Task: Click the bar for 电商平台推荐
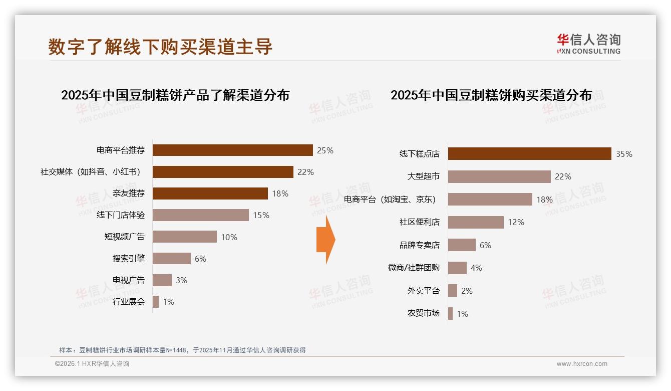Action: [x=232, y=150]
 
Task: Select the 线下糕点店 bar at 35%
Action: [x=529, y=154]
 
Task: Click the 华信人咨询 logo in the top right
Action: [x=588, y=44]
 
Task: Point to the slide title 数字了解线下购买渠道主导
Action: [x=160, y=47]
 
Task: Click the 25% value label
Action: [x=325, y=150]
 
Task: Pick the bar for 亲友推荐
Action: [x=210, y=193]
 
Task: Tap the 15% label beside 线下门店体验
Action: [x=261, y=215]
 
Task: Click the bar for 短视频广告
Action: [x=184, y=237]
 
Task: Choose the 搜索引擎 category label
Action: [x=128, y=259]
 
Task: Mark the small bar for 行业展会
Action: [x=156, y=302]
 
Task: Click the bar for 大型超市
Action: [x=499, y=176]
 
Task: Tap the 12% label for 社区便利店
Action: [x=516, y=222]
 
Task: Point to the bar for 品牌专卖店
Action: [x=461, y=245]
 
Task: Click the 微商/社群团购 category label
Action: [x=414, y=268]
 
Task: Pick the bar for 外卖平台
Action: [x=452, y=291]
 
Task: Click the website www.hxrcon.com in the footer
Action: [x=582, y=364]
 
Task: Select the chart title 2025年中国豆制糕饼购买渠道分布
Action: [x=491, y=95]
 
